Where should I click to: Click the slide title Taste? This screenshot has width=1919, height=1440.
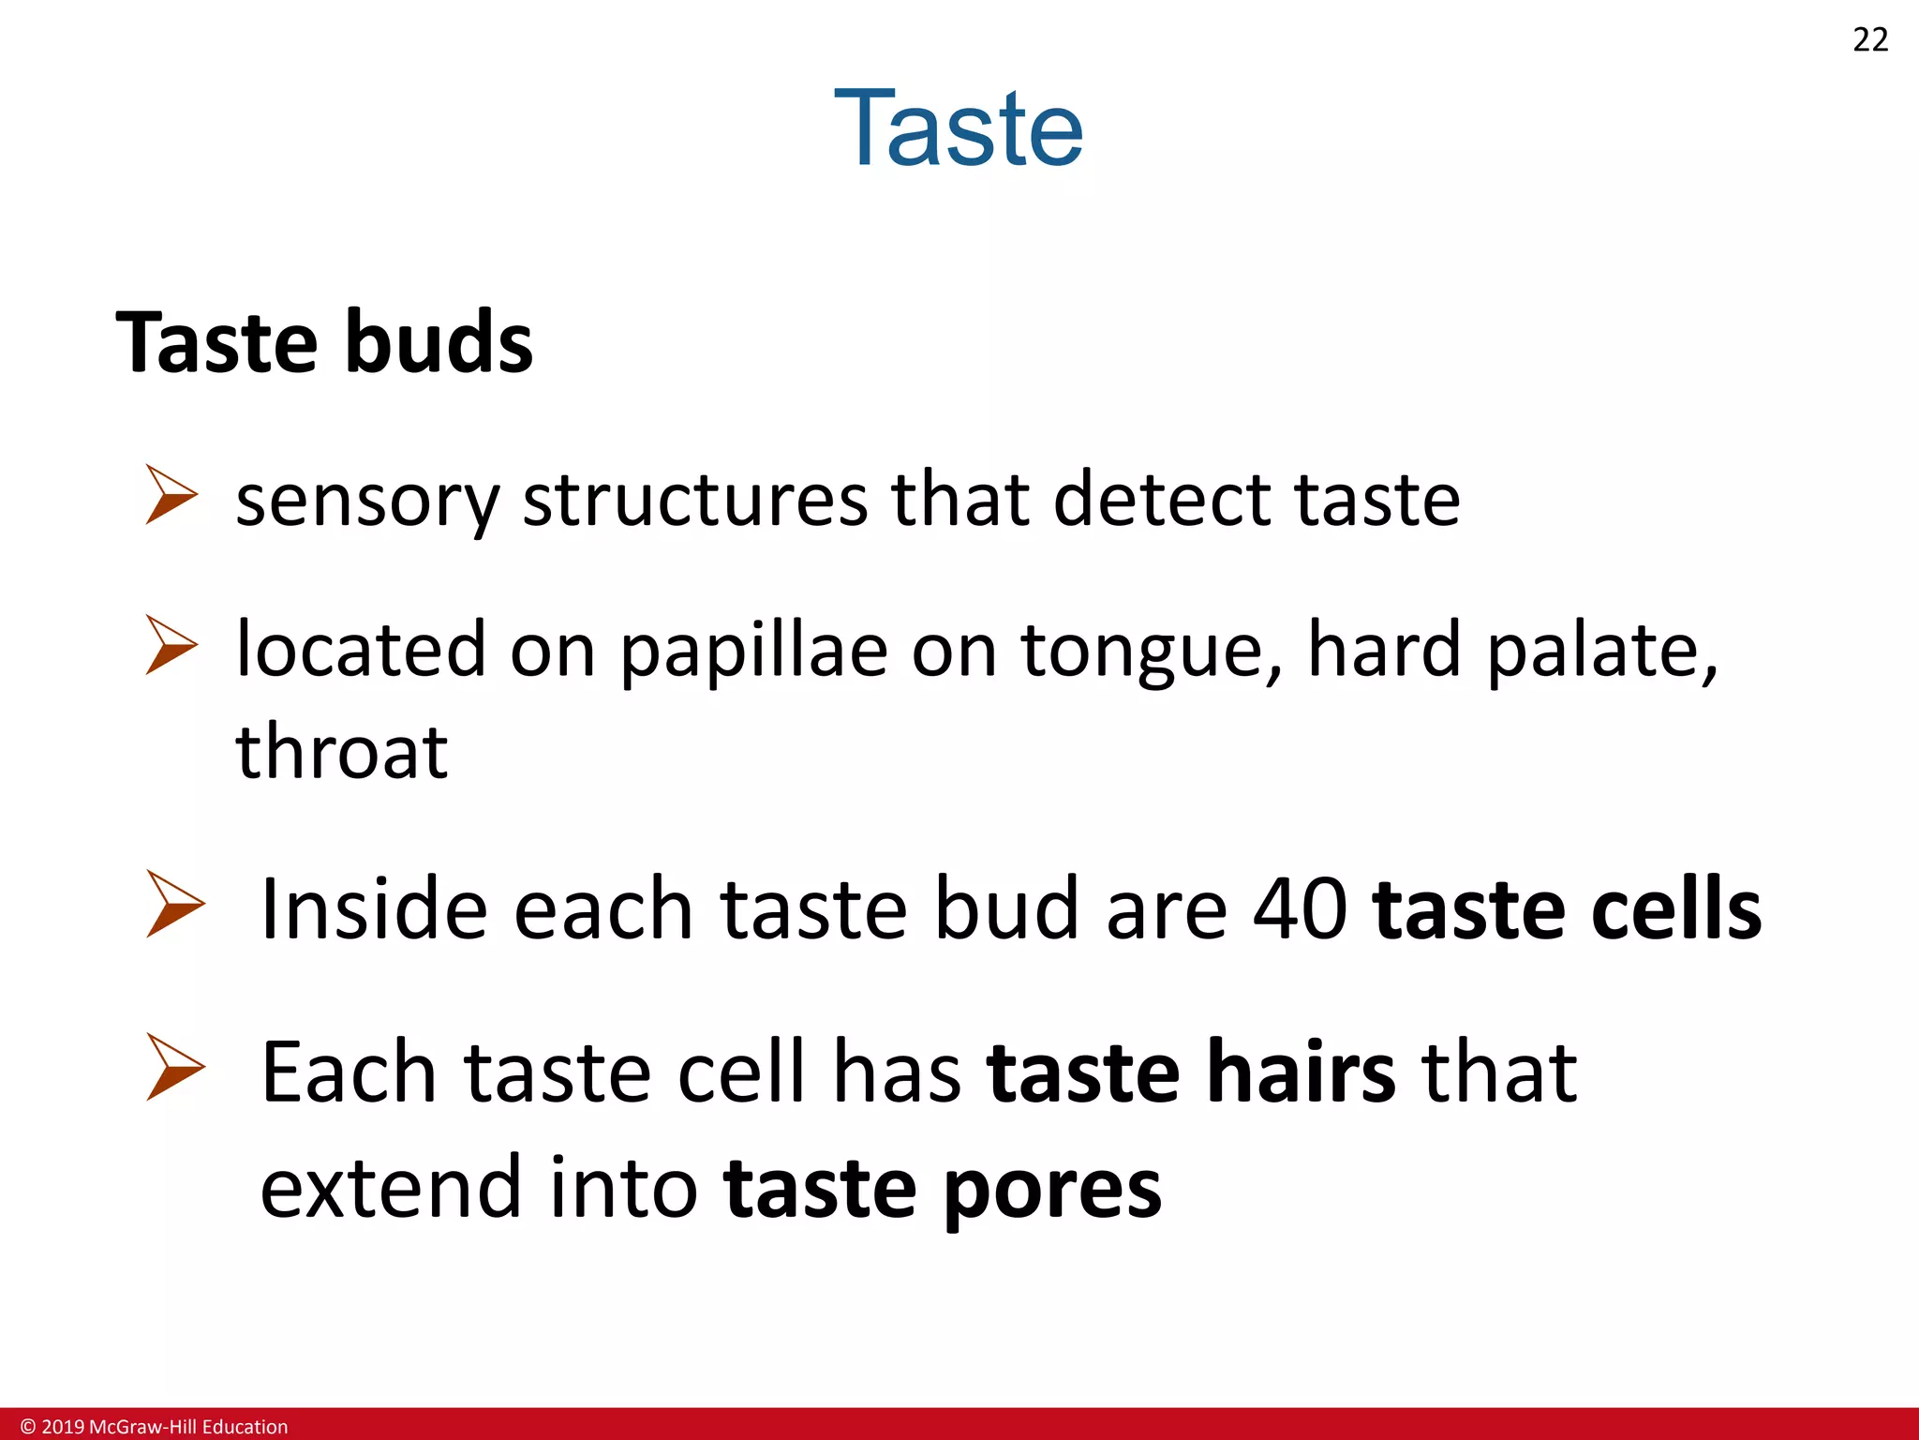[x=958, y=128]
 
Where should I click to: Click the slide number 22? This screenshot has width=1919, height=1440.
[x=1870, y=40]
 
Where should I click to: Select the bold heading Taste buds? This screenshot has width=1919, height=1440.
[x=324, y=342]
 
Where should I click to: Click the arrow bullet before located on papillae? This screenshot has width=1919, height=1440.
[x=171, y=645]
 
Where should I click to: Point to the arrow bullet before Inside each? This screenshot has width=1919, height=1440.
[x=175, y=904]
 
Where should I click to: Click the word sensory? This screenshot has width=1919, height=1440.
[x=367, y=502]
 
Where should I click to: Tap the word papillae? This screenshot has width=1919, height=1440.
[x=753, y=651]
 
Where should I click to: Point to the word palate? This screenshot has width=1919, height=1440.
[x=1602, y=651]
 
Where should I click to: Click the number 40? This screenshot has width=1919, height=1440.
[x=1301, y=908]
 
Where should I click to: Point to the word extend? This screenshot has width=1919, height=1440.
[x=390, y=1188]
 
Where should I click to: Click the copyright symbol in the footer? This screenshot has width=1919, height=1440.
[x=28, y=1427]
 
